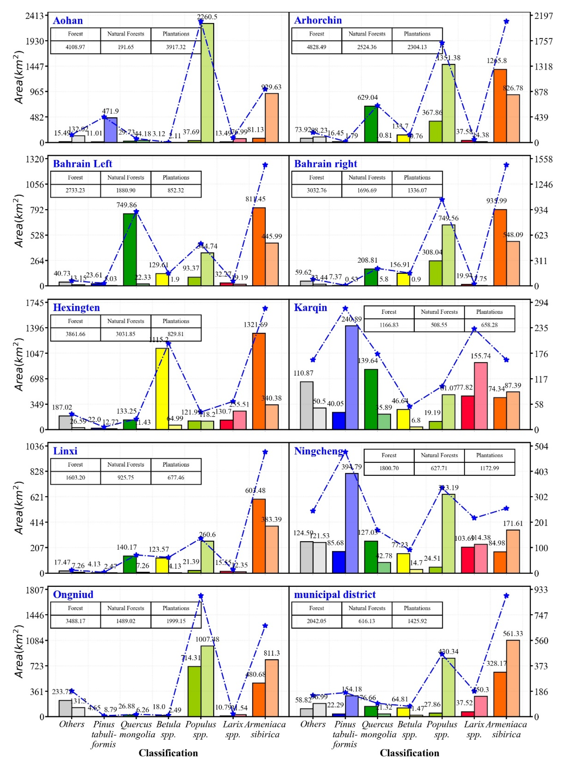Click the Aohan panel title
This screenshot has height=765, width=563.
pyautogui.click(x=68, y=20)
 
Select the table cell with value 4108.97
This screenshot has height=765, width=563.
pyautogui.click(x=75, y=47)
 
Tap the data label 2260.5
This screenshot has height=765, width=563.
pyautogui.click(x=207, y=17)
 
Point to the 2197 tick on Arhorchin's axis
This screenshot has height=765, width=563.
pyautogui.click(x=544, y=16)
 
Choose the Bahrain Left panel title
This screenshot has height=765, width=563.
pyautogui.click(x=82, y=164)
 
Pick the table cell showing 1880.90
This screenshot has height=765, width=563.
pyautogui.click(x=126, y=190)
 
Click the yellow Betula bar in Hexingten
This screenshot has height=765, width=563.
pyautogui.click(x=162, y=388)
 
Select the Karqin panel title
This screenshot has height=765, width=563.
pyautogui.click(x=310, y=308)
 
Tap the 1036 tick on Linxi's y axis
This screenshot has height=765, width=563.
pyautogui.click(x=35, y=446)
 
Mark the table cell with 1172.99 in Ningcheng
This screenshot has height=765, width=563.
pyautogui.click(x=489, y=468)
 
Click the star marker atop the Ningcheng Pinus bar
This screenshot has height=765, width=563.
pyautogui.click(x=345, y=452)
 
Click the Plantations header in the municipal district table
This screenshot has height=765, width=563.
pyautogui.click(x=417, y=608)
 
